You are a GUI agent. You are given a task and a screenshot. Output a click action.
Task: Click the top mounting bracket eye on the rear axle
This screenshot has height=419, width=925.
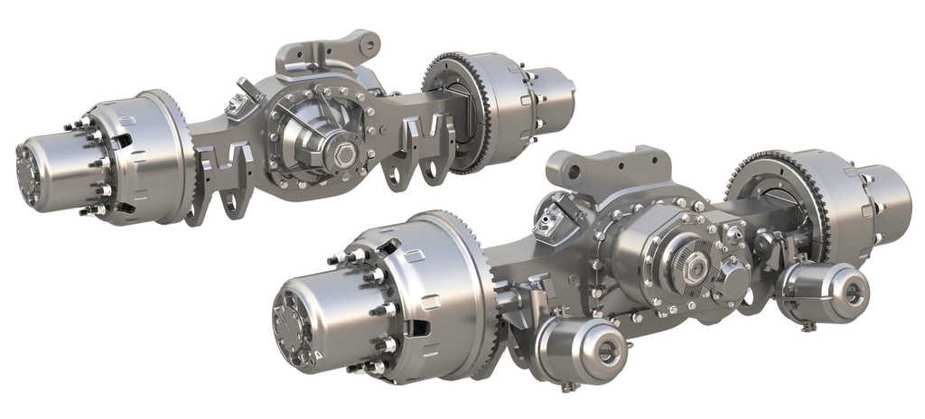(x=365, y=42)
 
